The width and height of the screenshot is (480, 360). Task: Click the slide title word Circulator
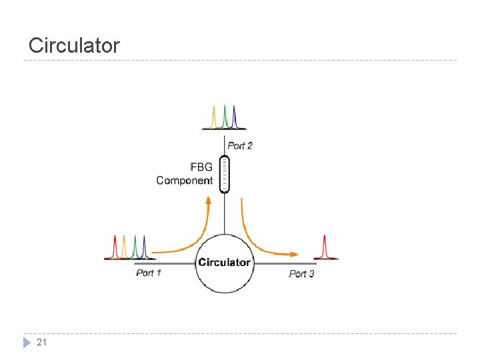pyautogui.click(x=74, y=45)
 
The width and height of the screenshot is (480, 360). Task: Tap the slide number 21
pyautogui.click(x=42, y=343)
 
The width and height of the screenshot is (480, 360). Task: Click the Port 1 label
pyautogui.click(x=149, y=273)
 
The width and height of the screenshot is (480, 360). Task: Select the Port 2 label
pyautogui.click(x=240, y=146)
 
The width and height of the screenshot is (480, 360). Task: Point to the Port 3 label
pyautogui.click(x=301, y=273)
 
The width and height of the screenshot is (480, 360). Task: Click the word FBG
pyautogui.click(x=201, y=167)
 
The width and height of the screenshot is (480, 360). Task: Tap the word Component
pyautogui.click(x=185, y=180)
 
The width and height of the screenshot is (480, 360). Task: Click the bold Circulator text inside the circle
pyautogui.click(x=224, y=262)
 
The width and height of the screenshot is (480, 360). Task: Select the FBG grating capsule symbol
pyautogui.click(x=224, y=173)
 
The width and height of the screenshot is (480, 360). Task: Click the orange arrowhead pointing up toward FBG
pyautogui.click(x=209, y=201)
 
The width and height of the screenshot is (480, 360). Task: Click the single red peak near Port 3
pyautogui.click(x=325, y=247)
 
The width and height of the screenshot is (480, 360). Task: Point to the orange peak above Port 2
pyautogui.click(x=214, y=117)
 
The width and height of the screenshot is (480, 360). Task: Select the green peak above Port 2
pyautogui.click(x=225, y=117)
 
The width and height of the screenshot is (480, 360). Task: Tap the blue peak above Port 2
pyautogui.click(x=235, y=117)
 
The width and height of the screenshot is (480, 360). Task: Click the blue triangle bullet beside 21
pyautogui.click(x=27, y=343)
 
